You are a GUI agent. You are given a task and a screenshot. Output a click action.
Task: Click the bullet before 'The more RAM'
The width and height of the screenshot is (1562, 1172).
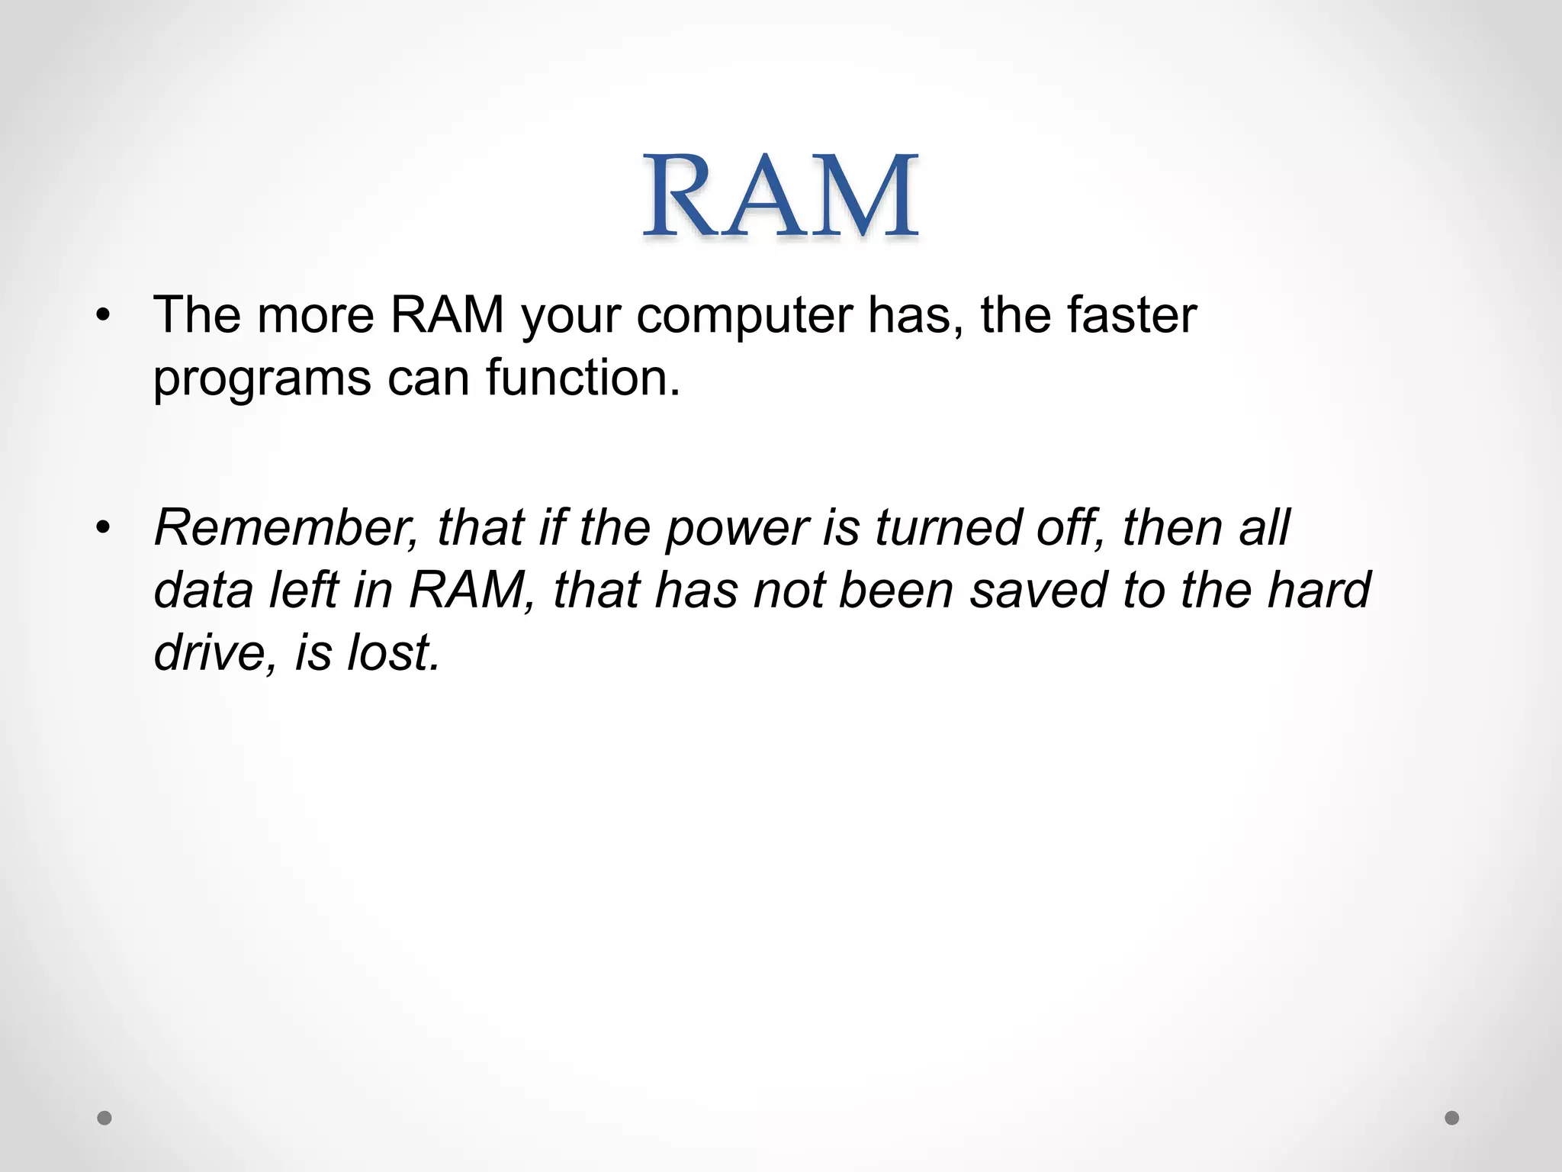coord(104,315)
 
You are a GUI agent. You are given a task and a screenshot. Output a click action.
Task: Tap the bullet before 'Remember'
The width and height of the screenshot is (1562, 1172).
coord(104,527)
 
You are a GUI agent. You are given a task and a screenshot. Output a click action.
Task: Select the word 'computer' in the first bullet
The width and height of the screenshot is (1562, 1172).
coord(744,315)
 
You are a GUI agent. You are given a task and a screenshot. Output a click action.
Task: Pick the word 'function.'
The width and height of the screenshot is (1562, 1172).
coord(583,378)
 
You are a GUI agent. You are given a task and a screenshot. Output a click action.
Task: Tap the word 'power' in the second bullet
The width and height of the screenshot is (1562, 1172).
coord(737,529)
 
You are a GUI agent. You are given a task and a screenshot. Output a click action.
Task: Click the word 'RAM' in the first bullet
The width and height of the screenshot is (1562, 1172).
coord(447,315)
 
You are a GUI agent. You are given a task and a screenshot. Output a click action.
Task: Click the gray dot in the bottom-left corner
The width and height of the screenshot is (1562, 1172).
coord(104,1118)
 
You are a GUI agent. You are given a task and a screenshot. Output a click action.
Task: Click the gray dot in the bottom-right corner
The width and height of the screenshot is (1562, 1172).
coord(1452,1118)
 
